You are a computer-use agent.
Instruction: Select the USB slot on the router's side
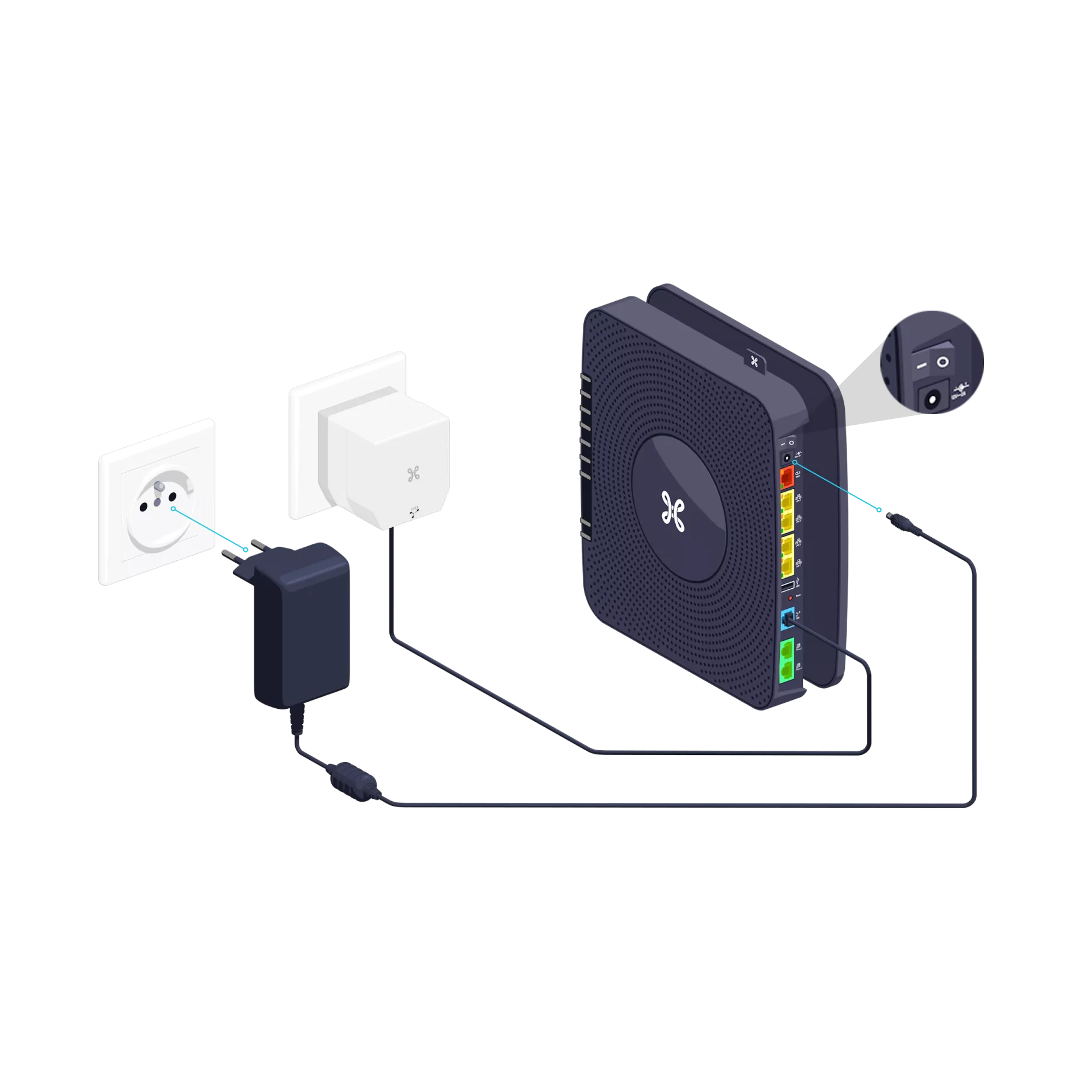pos(786,588)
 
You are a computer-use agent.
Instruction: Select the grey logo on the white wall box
pos(413,473)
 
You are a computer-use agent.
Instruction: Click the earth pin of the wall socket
pos(159,486)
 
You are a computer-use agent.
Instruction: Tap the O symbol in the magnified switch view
pos(941,361)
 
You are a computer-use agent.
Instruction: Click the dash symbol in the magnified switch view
pos(921,367)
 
